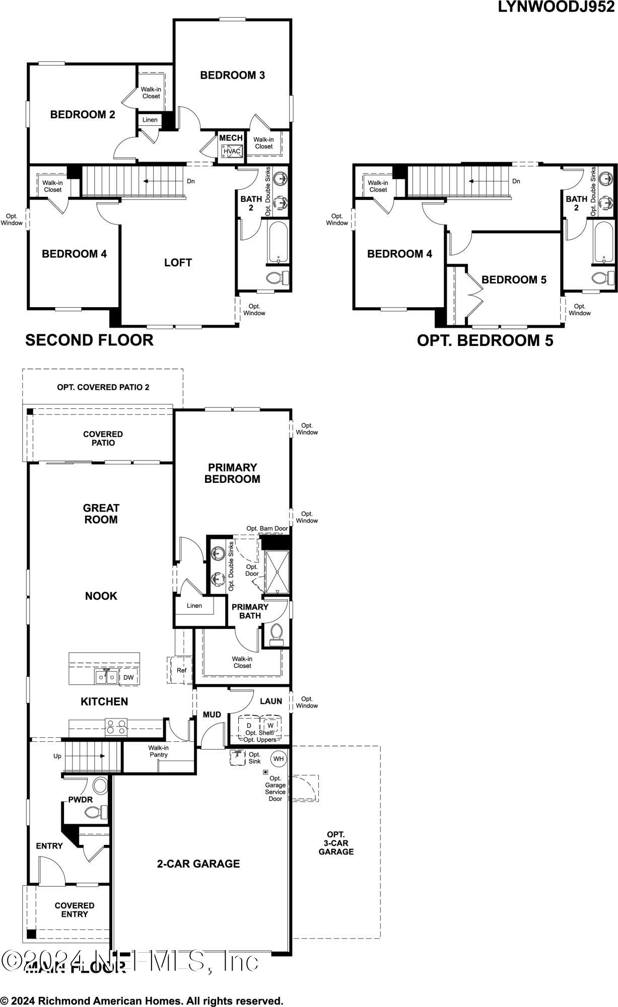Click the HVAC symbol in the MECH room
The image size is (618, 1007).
click(232, 151)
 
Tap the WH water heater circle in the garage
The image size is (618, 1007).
click(279, 759)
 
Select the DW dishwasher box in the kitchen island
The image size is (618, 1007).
click(128, 677)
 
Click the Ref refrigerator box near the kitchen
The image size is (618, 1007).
click(181, 670)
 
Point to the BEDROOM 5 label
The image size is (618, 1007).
click(514, 279)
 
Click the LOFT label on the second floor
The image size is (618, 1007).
click(178, 262)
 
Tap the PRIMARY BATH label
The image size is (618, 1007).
click(250, 611)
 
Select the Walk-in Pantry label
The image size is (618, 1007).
click(158, 751)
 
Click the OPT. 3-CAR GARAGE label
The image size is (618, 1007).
click(336, 843)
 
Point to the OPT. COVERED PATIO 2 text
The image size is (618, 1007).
click(103, 387)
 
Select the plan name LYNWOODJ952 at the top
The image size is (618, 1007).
click(556, 7)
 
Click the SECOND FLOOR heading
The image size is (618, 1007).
click(89, 340)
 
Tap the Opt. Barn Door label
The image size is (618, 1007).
click(267, 529)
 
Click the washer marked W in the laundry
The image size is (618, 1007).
click(270, 726)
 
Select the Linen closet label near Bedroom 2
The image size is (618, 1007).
click(150, 120)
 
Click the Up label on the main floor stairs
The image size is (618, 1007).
click(57, 756)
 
